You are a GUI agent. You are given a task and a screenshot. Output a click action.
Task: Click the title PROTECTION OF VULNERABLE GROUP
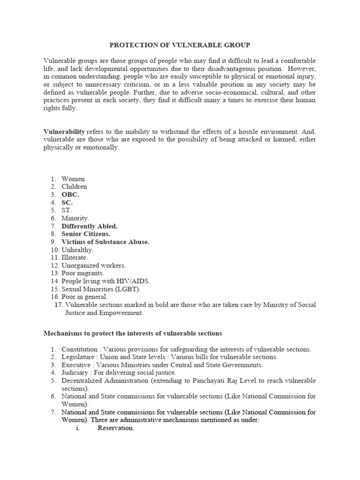coord(180,45)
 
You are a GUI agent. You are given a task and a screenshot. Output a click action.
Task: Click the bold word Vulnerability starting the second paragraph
coord(64,132)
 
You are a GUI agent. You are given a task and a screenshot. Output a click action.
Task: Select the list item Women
coord(73,179)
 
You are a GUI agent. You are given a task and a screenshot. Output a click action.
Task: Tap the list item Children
coord(74,187)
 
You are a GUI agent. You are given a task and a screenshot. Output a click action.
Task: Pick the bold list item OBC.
coord(70,195)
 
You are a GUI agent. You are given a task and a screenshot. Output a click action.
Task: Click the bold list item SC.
coord(67,202)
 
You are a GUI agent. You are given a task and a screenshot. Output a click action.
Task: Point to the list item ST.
coord(67,210)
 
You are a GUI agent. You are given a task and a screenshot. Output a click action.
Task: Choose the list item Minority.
coord(75,218)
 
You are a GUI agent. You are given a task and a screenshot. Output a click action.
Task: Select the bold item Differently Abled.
coord(90,226)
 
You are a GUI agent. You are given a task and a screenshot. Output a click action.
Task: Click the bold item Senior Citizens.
coord(86,234)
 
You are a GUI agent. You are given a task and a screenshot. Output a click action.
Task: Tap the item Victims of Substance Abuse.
coord(105,242)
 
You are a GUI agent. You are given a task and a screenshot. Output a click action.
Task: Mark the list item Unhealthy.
coord(77,250)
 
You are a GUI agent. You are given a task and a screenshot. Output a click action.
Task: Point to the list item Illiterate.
coord(75,257)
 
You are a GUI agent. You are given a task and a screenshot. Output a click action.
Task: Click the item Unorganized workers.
coord(94,265)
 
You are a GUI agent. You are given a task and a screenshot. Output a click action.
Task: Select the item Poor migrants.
coord(83,273)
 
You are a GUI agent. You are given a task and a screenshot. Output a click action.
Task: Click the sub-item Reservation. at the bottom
coord(116,428)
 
